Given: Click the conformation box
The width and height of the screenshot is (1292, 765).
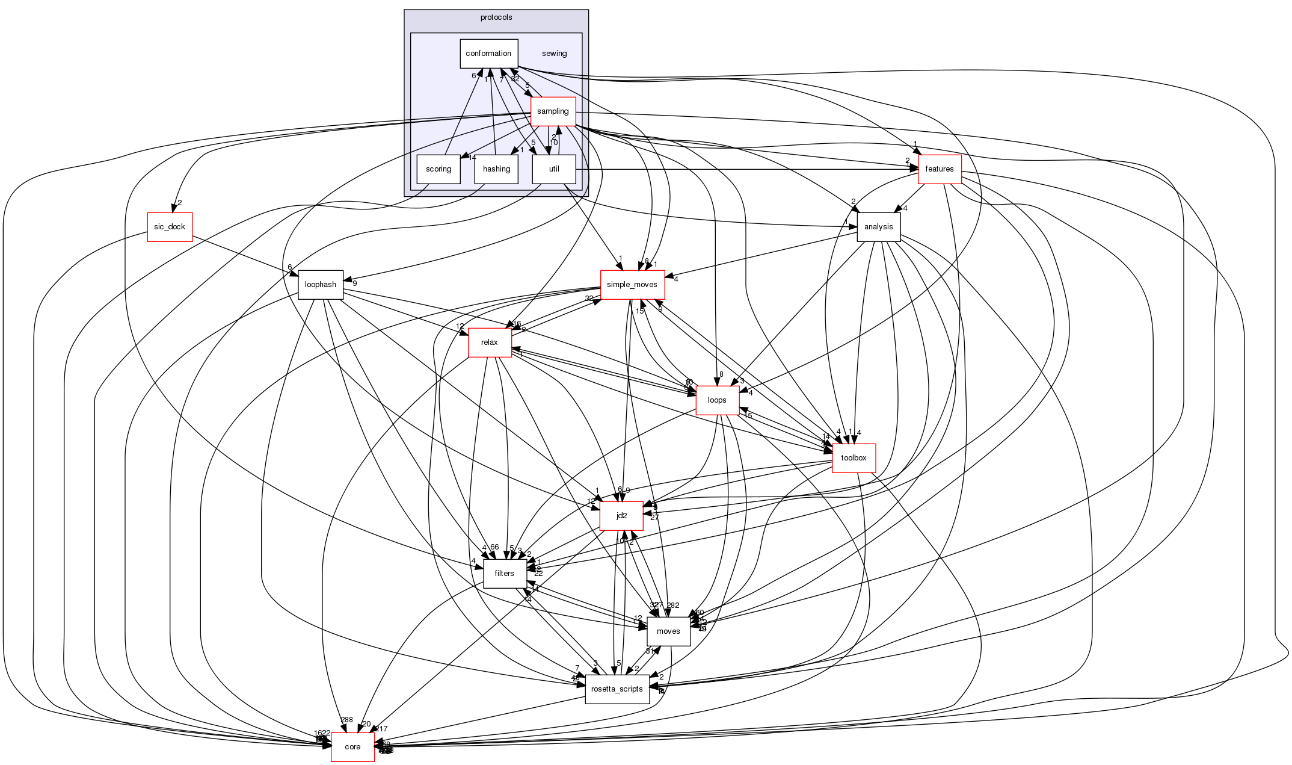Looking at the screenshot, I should click(x=488, y=54).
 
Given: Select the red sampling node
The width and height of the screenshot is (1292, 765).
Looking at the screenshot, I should click(x=553, y=111).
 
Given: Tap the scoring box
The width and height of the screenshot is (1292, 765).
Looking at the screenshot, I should click(x=438, y=169).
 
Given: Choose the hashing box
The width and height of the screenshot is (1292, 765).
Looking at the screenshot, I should click(x=496, y=169).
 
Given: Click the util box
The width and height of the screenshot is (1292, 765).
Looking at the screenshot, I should click(x=554, y=169).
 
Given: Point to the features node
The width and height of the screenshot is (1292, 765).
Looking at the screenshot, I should click(x=940, y=169).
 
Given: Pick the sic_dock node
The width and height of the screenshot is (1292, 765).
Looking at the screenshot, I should click(x=170, y=227).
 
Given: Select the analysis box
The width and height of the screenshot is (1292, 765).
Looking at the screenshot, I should click(x=878, y=227).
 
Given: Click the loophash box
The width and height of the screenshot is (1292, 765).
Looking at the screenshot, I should click(x=321, y=285).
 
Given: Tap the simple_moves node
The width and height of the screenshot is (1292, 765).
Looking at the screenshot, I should click(x=632, y=285).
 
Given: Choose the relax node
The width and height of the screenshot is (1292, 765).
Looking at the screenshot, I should click(x=490, y=342).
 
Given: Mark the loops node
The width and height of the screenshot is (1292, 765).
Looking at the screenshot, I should click(x=717, y=400).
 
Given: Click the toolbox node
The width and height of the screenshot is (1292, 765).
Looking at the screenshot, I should click(x=854, y=458).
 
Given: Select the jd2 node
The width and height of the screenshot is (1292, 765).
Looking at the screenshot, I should click(x=622, y=516).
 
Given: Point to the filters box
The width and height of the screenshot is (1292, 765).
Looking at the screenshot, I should click(x=505, y=574).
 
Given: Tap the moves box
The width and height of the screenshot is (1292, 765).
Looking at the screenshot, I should click(x=668, y=631).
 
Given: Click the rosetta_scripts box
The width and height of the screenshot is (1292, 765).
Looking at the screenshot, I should click(x=618, y=689).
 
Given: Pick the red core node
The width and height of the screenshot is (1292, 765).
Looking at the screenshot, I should click(x=352, y=747).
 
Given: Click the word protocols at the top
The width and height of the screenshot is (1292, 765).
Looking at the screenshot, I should click(x=496, y=17).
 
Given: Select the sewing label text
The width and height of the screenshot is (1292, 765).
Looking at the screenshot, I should click(x=554, y=54).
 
